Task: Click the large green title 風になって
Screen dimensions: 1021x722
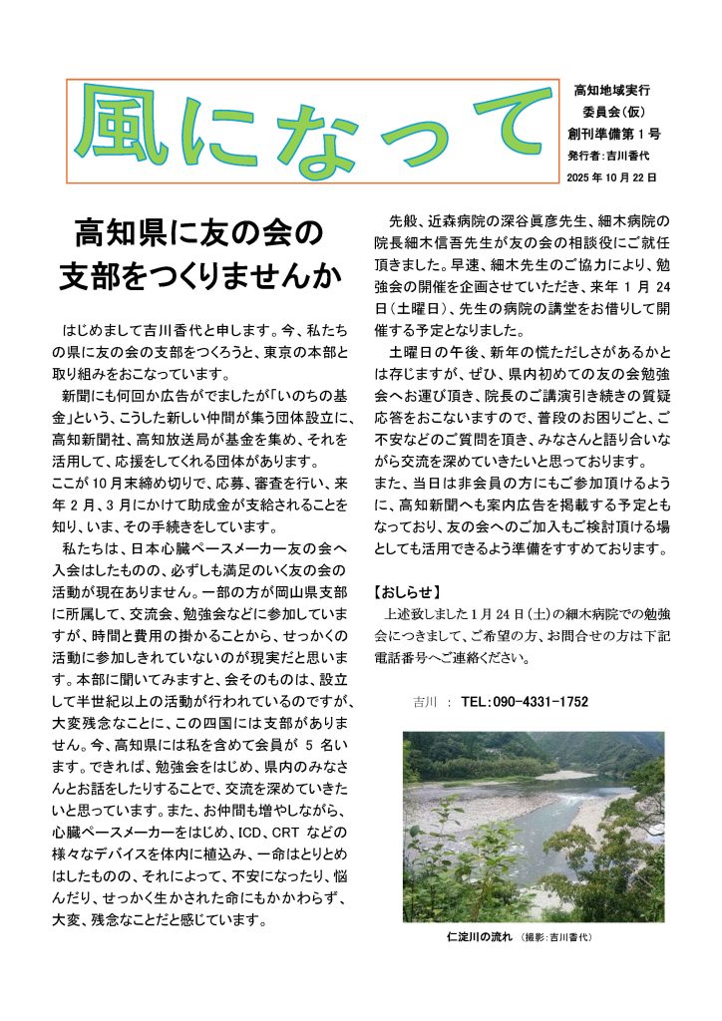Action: (x=316, y=131)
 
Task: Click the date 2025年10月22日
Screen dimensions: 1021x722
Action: (x=611, y=176)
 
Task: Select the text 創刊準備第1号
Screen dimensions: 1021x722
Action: (x=612, y=134)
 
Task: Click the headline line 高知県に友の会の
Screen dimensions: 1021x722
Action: (x=199, y=235)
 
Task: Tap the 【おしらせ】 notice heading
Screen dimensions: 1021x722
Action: (x=407, y=592)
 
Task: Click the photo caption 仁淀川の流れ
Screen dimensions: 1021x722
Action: (x=479, y=937)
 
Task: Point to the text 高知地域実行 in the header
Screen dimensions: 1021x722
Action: (x=612, y=91)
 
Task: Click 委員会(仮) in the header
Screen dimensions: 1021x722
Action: (x=612, y=112)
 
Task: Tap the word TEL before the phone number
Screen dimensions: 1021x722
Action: (x=474, y=702)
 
